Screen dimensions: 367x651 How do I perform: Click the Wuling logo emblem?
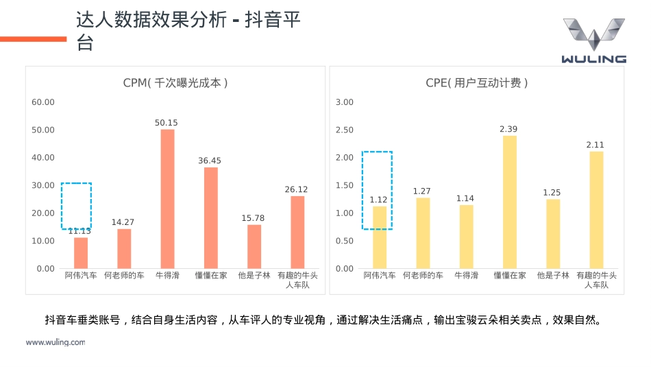pos(593,34)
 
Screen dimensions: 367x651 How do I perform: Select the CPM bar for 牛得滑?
pos(167,199)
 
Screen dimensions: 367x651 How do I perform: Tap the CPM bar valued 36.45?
pos(210,217)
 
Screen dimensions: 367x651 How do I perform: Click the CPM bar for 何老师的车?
pos(124,248)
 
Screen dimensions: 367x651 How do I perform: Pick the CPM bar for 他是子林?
pos(254,246)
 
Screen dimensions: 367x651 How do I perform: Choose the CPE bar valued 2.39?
pos(509,202)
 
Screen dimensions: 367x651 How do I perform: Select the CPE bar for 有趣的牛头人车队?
pos(596,210)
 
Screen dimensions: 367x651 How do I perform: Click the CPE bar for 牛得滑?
pos(466,237)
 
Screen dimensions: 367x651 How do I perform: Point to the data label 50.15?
pos(167,123)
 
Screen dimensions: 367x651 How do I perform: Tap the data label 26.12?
pos(297,189)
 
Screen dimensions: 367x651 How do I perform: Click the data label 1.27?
pos(423,191)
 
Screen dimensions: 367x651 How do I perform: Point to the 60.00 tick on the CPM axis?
pos(43,102)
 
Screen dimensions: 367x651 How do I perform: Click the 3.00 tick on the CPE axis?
pos(345,102)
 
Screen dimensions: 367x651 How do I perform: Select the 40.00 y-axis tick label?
pos(43,158)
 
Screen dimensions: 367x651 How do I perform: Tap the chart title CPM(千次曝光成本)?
pos(175,83)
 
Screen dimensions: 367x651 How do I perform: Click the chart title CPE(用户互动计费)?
pos(477,83)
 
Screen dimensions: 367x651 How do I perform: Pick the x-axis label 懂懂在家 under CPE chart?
pos(509,276)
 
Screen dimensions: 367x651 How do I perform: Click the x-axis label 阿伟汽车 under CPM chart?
pos(81,276)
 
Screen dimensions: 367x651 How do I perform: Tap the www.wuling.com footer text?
pos(56,342)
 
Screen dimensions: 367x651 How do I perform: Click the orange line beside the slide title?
pos(33,39)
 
